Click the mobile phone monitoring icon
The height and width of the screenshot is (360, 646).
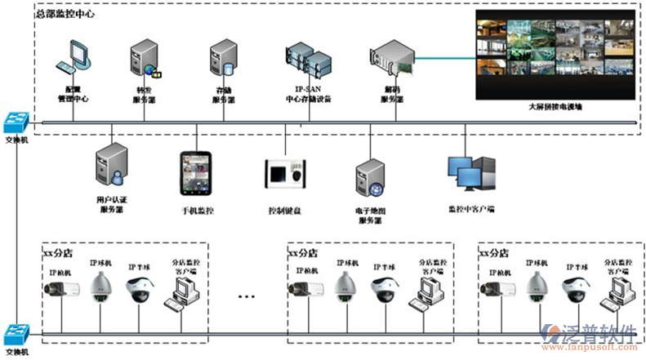(197, 174)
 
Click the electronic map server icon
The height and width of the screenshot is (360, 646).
(369, 179)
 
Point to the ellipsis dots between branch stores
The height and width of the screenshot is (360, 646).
(247, 295)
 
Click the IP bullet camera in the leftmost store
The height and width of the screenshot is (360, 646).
(63, 288)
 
